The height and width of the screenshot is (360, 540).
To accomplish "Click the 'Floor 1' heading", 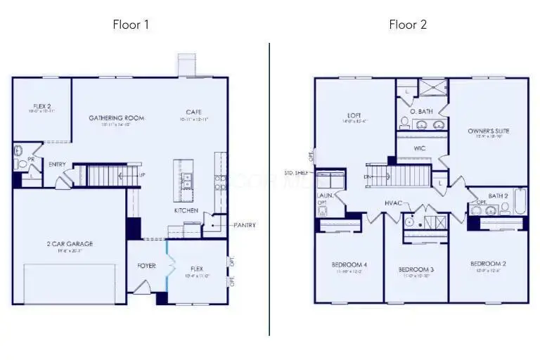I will pos(131,25).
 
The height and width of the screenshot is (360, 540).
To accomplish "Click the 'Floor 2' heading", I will pos(408,25).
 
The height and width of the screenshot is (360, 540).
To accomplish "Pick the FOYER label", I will pos(146,266).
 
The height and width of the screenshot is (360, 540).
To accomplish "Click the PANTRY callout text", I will pos(244,225).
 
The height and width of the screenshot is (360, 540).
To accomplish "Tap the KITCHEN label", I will pos(186,210).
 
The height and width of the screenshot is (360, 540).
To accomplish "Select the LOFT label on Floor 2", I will pos(354,115).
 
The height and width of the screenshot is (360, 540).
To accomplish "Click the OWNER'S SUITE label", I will pos(489,131).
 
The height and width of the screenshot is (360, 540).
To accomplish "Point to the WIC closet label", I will pos(420,148).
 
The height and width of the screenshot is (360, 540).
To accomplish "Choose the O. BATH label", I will pos(421,111).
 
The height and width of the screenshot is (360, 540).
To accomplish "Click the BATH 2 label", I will pos(498,195).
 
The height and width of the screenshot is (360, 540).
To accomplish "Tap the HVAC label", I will pos(393,203).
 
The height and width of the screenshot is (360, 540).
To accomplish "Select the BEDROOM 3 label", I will pos(416,269).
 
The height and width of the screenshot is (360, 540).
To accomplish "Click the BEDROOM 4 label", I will pos(349,264).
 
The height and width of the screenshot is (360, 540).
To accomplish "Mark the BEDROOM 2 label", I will pos(488,264).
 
